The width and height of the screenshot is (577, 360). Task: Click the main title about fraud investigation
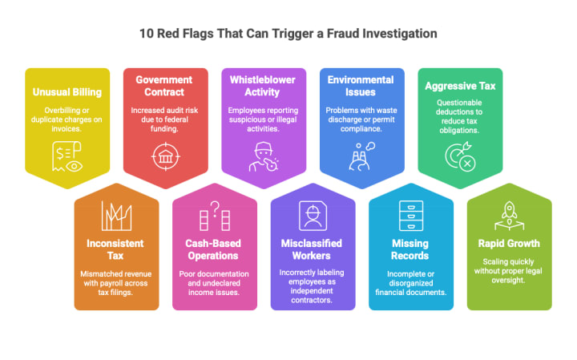288,34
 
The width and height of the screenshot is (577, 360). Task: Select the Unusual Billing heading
67,91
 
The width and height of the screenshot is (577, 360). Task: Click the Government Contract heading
165,86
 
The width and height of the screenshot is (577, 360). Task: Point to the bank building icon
165,154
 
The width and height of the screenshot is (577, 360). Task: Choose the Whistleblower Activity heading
264,86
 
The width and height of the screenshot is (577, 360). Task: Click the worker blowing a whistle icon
264,155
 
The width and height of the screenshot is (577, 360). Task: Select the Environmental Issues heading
362,86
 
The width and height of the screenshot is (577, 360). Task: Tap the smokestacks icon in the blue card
361,155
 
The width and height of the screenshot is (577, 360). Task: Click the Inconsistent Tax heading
116,249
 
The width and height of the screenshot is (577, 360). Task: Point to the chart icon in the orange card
116,215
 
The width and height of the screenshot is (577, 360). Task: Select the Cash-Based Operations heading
215,249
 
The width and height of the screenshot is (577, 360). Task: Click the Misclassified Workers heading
313,249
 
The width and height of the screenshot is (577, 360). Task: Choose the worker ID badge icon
313,215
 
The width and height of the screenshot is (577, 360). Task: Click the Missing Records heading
410,249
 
